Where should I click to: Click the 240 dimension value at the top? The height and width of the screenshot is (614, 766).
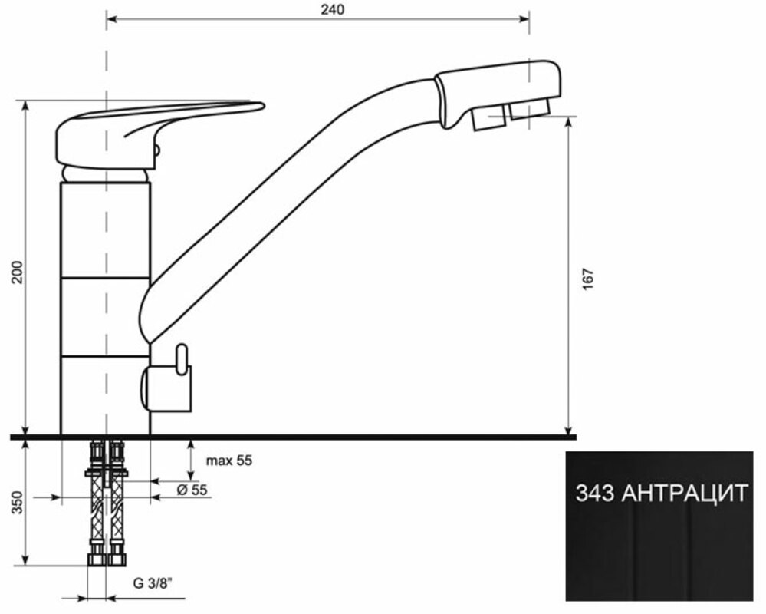point(332,9)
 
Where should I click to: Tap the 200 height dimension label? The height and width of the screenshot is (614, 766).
point(17,272)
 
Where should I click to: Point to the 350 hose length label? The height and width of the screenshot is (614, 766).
point(17,502)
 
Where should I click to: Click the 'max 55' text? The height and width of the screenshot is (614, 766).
point(229,460)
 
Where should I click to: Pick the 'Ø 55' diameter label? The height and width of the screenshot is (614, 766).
point(192,490)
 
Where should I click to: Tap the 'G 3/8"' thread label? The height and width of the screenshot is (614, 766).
point(153,583)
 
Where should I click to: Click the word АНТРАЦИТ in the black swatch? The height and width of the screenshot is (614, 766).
point(685,494)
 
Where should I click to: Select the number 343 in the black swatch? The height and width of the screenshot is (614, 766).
point(595,494)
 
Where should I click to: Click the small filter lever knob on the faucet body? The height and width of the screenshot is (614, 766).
point(182,359)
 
